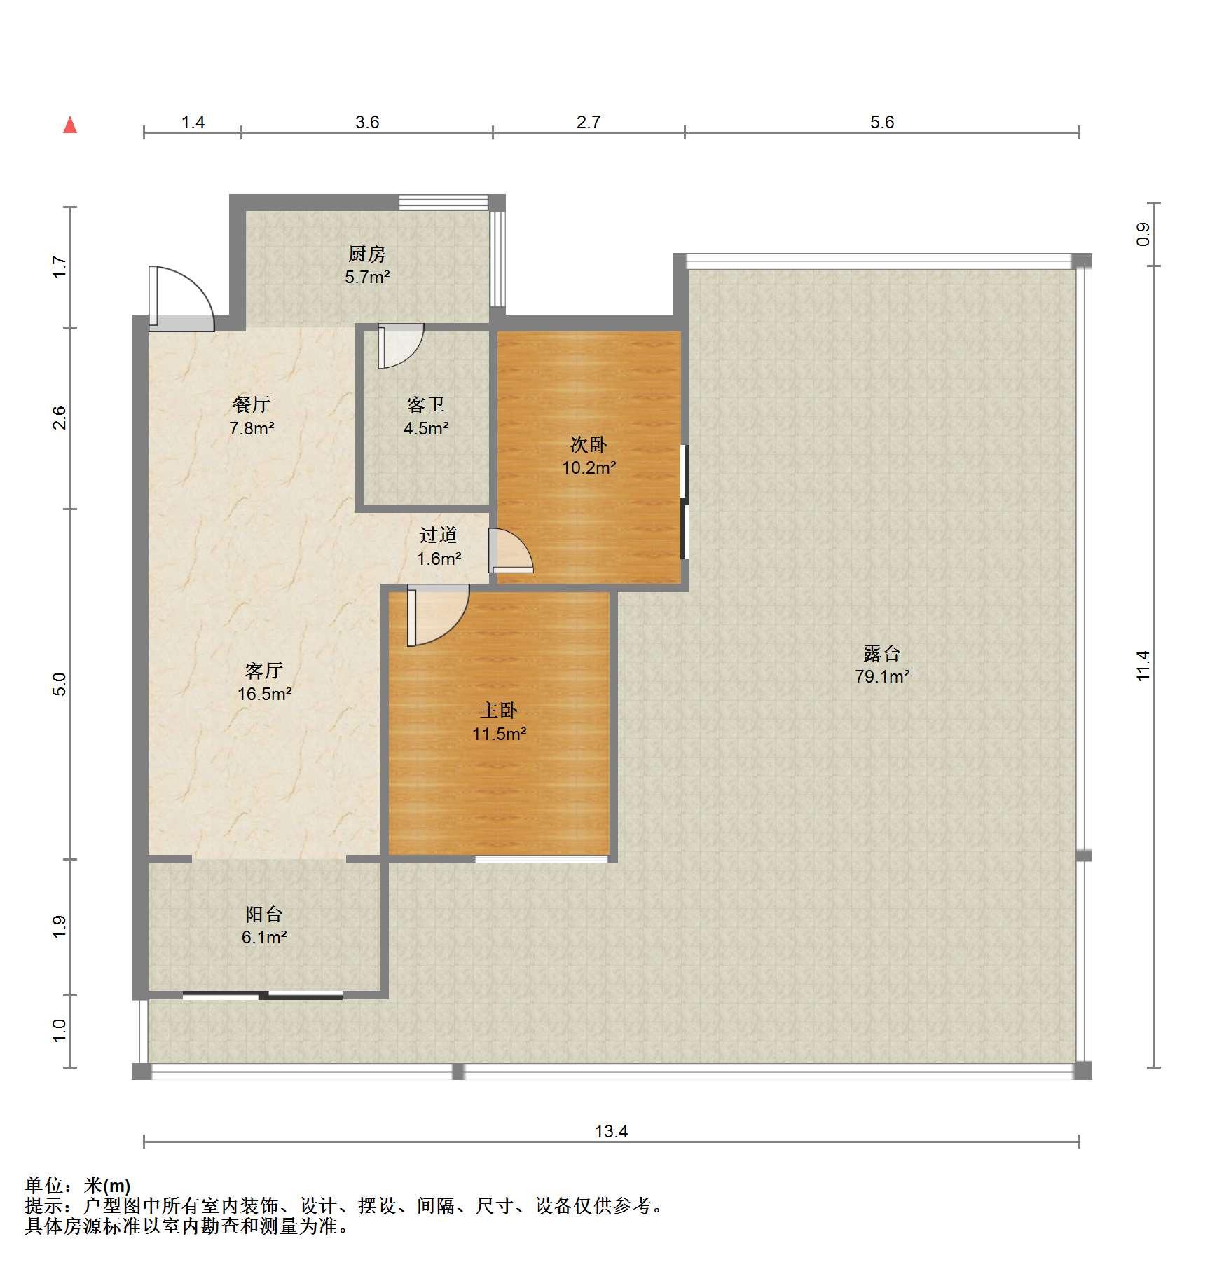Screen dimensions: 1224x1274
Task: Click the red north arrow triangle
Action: [70, 125]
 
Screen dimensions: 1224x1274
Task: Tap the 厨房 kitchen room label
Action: [367, 253]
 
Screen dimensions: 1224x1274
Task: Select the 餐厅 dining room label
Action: [251, 404]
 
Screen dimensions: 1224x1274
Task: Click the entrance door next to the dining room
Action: [181, 299]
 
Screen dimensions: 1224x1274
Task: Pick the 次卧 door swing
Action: [511, 550]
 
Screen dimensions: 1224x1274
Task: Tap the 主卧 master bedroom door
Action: [438, 615]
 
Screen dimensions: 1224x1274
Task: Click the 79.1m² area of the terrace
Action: [882, 676]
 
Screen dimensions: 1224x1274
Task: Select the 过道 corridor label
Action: [439, 535]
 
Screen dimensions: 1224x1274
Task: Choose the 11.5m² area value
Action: [499, 734]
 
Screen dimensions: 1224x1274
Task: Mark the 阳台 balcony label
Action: [264, 914]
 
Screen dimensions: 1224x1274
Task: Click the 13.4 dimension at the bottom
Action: [612, 1130]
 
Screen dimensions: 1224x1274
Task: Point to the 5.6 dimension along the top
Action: [882, 122]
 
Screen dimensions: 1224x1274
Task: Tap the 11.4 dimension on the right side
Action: [1143, 666]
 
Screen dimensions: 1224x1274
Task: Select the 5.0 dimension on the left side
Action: [60, 684]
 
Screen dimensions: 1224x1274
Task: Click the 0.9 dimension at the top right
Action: [1143, 234]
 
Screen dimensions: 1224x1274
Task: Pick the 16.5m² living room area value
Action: [264, 694]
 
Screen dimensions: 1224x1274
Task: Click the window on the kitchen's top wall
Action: [443, 203]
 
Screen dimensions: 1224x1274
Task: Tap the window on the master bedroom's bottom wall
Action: [542, 858]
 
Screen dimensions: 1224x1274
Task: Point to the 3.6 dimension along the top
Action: [367, 122]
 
